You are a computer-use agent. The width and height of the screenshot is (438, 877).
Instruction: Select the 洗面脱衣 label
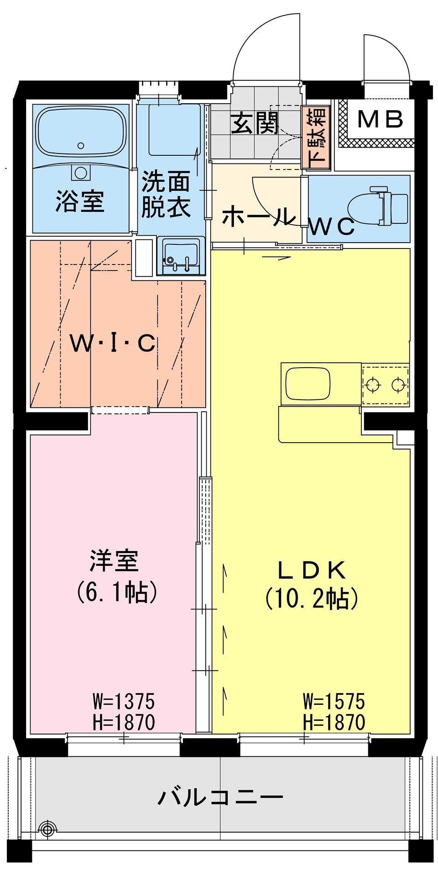tap(165, 195)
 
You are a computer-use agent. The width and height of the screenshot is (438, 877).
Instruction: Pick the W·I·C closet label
tap(113, 344)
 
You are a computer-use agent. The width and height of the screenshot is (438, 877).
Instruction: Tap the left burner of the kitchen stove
tap(373, 385)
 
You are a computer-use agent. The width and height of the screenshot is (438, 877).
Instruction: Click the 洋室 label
tap(114, 561)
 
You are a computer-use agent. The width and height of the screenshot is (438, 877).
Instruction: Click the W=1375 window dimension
tap(123, 700)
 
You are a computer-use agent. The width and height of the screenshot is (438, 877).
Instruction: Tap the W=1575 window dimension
tap(334, 700)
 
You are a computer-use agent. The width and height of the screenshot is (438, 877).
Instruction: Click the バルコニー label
tap(220, 797)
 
